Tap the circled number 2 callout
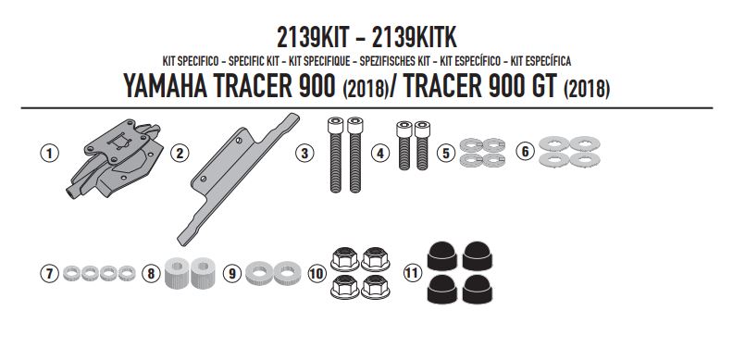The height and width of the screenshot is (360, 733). (x=180, y=153)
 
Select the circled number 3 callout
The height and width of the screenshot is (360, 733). (x=304, y=153)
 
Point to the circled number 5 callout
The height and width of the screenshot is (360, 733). (x=446, y=154)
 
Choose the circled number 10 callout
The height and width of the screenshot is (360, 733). (x=317, y=274)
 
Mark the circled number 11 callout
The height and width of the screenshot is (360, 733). (x=412, y=274)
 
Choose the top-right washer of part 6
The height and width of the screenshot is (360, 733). (x=583, y=143)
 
